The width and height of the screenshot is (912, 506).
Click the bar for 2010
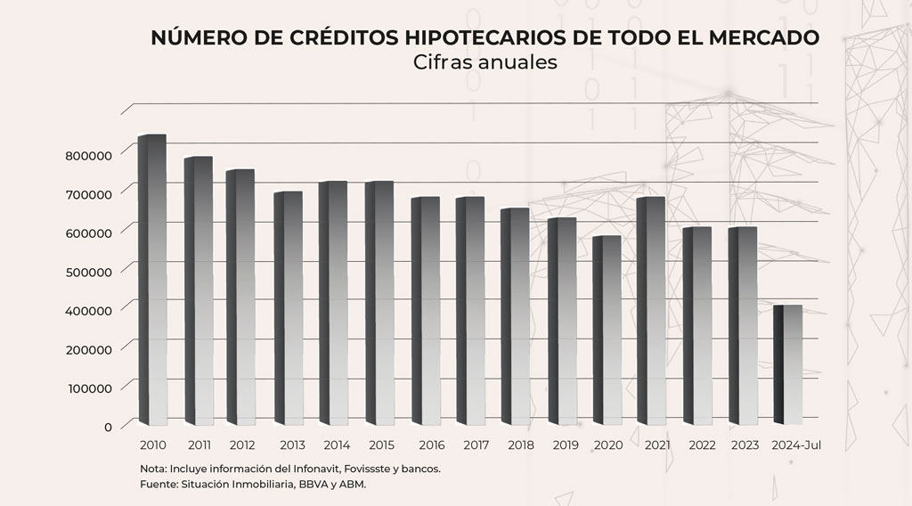pyautogui.click(x=153, y=280)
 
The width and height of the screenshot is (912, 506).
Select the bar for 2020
pyautogui.click(x=607, y=331)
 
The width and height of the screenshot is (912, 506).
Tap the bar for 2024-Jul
pyautogui.click(x=788, y=365)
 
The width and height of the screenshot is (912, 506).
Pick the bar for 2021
pyautogui.click(x=653, y=311)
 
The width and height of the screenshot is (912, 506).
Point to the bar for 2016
pyautogui.click(x=426, y=311)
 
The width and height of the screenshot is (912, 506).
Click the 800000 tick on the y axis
pyautogui.click(x=89, y=155)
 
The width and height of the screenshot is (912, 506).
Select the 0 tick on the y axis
pyautogui.click(x=108, y=427)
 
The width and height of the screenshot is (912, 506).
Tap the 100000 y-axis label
pyautogui.click(x=89, y=388)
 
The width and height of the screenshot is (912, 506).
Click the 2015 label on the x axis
pyautogui.click(x=380, y=445)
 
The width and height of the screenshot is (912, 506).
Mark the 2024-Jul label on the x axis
pyautogui.click(x=795, y=445)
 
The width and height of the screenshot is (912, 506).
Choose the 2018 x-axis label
pyautogui.click(x=521, y=445)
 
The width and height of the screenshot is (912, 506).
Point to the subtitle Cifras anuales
pyautogui.click(x=485, y=62)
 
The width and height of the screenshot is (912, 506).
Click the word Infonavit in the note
pyautogui.click(x=302, y=468)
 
